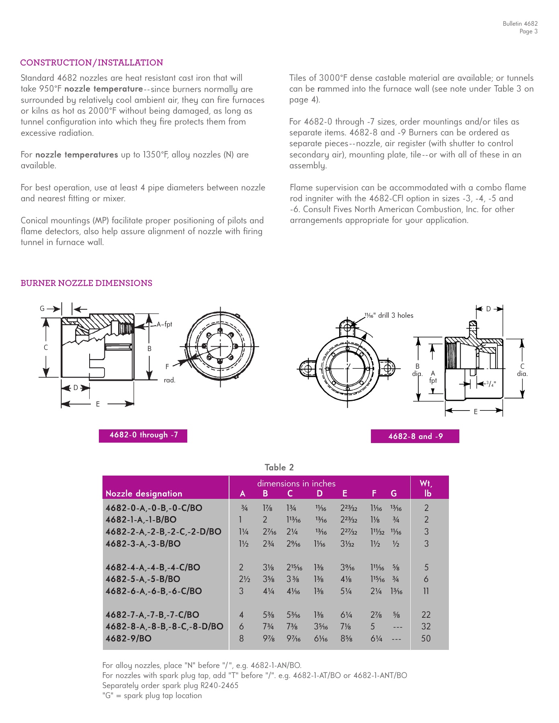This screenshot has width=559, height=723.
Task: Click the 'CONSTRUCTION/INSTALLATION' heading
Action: pyautogui.click(x=92, y=63)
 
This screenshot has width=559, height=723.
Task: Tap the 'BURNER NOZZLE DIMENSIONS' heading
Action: pyautogui.click(x=86, y=283)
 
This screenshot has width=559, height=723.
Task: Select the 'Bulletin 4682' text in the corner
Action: pyautogui.click(x=520, y=24)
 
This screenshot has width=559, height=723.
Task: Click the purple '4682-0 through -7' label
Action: pyautogui.click(x=143, y=435)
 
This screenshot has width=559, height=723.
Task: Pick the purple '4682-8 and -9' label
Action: pyautogui.click(x=415, y=436)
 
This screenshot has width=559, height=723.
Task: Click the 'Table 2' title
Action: pyautogui.click(x=279, y=468)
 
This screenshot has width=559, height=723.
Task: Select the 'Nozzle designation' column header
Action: pyautogui.click(x=144, y=494)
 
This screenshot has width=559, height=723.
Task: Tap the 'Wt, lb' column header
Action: pyautogui.click(x=426, y=488)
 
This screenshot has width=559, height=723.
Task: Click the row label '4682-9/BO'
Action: pyautogui.click(x=129, y=639)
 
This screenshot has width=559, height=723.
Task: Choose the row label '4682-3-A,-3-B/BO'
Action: pyautogui.click(x=143, y=544)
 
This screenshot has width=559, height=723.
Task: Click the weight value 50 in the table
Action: pyautogui.click(x=426, y=639)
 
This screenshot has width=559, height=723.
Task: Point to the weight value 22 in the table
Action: pyautogui.click(x=426, y=615)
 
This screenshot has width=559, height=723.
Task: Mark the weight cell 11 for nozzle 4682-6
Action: pyautogui.click(x=426, y=591)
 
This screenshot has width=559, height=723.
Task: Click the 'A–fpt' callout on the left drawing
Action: pyautogui.click(x=164, y=325)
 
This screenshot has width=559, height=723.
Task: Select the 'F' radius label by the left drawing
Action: pyautogui.click(x=167, y=367)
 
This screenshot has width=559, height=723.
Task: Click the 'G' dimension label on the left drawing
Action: pyautogui.click(x=42, y=309)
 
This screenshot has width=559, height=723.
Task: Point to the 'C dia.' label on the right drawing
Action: pyautogui.click(x=522, y=370)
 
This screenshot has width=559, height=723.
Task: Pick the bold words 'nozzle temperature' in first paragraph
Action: pyautogui.click(x=103, y=89)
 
